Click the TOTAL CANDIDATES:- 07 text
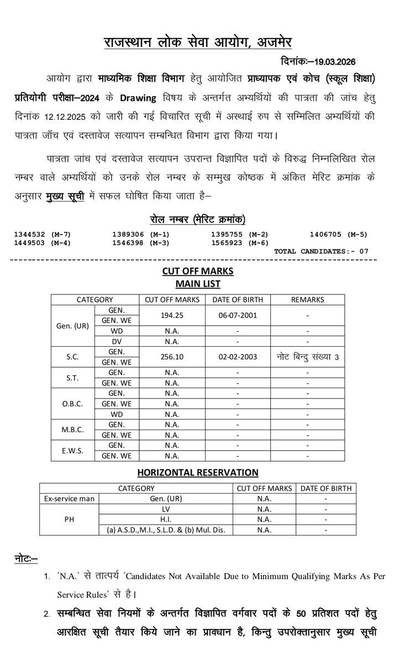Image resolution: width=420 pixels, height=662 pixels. tap(321, 251)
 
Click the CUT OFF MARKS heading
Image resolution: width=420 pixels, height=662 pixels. tap(198, 271)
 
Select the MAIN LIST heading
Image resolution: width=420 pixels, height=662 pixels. tap(198, 284)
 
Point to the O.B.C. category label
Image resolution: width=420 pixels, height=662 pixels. tap(73, 404)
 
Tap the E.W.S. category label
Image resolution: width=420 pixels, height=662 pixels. tap(73, 450)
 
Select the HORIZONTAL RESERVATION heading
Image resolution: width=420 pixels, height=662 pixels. tap(198, 472)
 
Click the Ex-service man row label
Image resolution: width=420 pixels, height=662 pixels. tap(69, 499)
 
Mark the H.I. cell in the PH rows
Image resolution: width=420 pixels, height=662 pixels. tap(165, 520)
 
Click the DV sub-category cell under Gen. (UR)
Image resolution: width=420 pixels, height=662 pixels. tap(117, 341)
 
